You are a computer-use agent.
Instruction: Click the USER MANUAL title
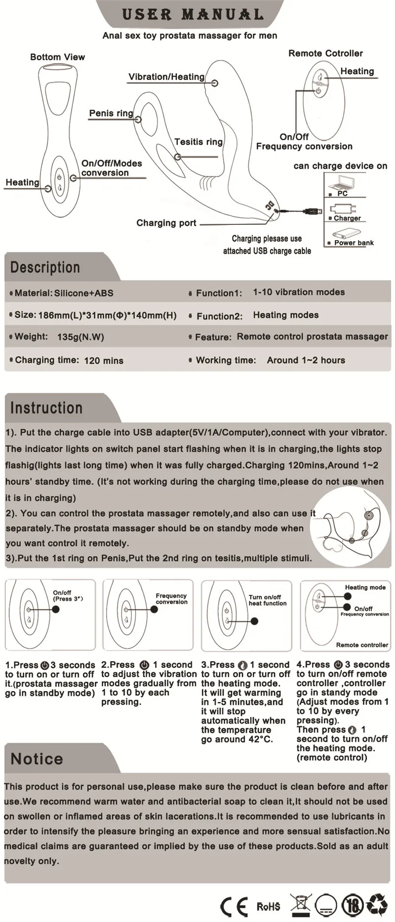(x=193, y=14)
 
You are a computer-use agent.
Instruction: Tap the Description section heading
(x=45, y=267)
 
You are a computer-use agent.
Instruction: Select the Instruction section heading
(x=46, y=408)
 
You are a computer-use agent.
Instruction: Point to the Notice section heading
(x=37, y=758)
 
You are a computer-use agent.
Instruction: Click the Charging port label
(x=166, y=223)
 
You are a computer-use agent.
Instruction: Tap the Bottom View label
(x=57, y=57)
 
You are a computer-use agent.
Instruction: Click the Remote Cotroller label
(x=325, y=53)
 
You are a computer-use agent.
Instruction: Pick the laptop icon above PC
(x=342, y=183)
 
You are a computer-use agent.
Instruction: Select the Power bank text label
(x=354, y=243)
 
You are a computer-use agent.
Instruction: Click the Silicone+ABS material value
(x=83, y=293)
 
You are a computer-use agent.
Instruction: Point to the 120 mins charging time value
(x=104, y=360)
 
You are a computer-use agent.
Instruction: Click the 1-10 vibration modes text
(x=299, y=292)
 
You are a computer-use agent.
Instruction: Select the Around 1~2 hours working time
(x=306, y=360)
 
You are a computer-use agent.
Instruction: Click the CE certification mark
(x=234, y=906)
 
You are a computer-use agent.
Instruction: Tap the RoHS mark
(x=268, y=906)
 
